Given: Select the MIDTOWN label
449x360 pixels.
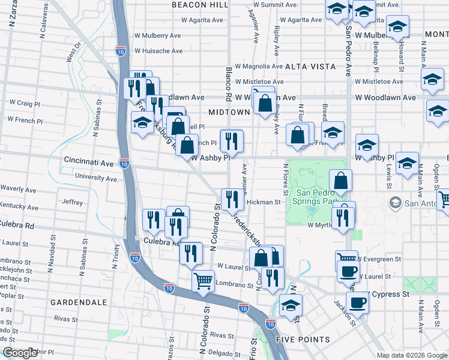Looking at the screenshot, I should click(x=229, y=112).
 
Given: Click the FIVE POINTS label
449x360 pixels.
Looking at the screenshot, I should click(x=303, y=339).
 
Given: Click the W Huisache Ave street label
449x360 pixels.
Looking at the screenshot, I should click(x=158, y=51).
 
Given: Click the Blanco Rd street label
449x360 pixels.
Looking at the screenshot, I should click(x=229, y=83).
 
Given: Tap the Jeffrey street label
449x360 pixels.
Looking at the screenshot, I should click(x=72, y=202).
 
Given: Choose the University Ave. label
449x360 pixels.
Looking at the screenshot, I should click(x=97, y=178).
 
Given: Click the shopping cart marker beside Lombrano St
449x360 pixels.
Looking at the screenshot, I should click(x=203, y=280).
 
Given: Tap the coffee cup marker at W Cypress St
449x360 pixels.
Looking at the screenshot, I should click(x=358, y=303).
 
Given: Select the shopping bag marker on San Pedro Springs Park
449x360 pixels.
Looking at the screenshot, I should click(x=340, y=181).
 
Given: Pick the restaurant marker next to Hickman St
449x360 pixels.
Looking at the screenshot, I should click(x=232, y=199).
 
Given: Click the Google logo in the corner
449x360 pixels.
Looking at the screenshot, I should click(x=20, y=353).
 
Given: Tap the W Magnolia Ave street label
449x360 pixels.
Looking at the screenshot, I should click(x=259, y=66).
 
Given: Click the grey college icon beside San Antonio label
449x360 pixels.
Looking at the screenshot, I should click(x=394, y=202).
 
